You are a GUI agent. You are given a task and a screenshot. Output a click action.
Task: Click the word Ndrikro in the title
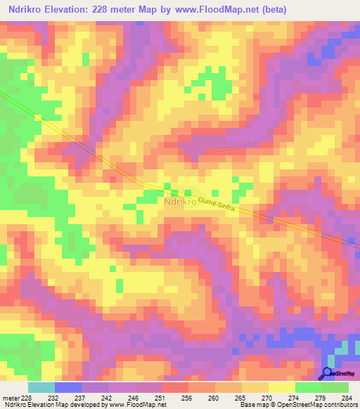point(29,10)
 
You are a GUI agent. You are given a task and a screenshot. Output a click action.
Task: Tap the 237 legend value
point(82,398)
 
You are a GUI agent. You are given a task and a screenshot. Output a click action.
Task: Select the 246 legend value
point(134,398)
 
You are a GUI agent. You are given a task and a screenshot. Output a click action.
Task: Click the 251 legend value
point(161,398)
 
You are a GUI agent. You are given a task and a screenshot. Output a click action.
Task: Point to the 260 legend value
point(214,398)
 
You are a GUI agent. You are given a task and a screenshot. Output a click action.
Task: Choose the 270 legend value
point(268,398)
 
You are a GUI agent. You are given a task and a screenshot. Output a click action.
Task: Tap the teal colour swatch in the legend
point(41,387)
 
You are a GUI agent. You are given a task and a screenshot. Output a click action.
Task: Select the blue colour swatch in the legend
point(68,387)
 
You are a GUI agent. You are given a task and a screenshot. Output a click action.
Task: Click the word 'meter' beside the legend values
point(11,398)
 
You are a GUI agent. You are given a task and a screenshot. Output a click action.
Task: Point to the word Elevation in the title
point(81,10)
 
